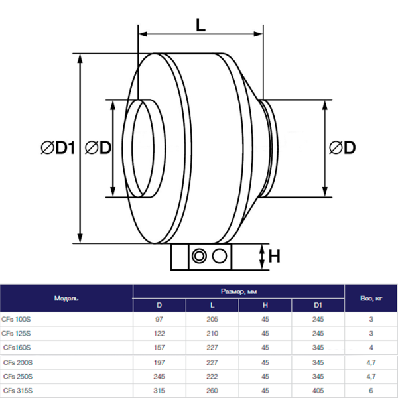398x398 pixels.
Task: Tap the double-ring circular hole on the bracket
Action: (198, 256)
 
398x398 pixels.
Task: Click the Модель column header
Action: (66, 298)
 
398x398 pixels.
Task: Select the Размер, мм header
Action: (238, 292)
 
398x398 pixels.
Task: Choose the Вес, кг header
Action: (371, 298)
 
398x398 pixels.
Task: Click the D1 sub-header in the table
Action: (318, 305)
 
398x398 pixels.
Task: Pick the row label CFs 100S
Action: (18, 319)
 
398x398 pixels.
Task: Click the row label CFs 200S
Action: (18, 361)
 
